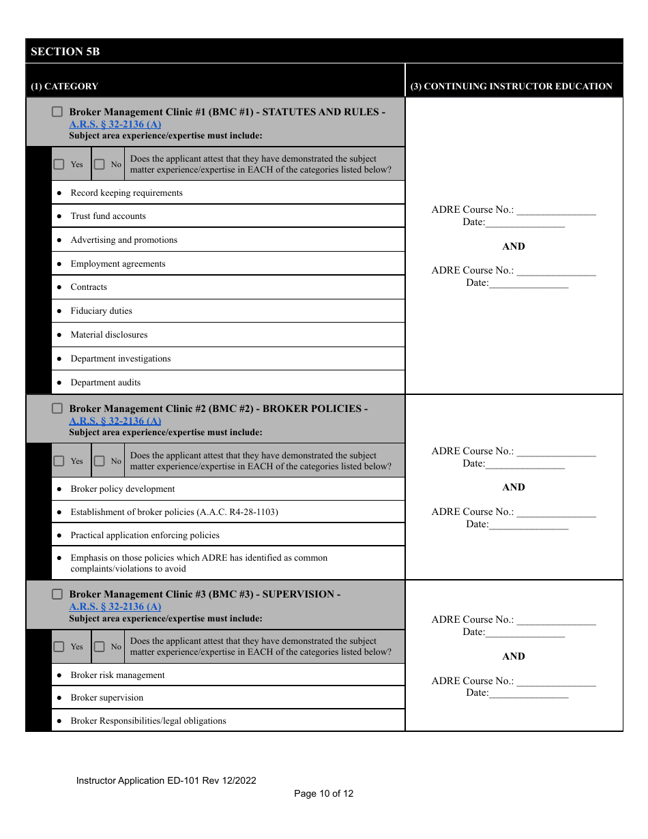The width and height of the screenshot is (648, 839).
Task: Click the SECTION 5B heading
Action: coord(65,51)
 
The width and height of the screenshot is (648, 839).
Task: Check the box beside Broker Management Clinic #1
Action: coord(58,112)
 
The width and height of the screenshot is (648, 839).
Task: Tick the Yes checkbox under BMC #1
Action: coord(59,164)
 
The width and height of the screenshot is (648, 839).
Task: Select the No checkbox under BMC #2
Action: coord(100,461)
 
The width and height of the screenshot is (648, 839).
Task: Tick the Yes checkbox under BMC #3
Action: coord(59,647)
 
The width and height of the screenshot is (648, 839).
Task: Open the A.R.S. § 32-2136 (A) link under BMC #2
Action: coord(115,421)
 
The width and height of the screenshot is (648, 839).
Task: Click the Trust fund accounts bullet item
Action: coord(108,216)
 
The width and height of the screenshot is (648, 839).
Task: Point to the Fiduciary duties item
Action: coord(101,311)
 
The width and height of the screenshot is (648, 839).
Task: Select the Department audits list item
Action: coord(105,383)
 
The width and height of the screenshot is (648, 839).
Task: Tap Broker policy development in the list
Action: coord(122,489)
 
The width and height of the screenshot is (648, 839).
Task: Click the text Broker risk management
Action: coord(117,675)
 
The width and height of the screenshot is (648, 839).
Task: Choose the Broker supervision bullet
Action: coord(106,698)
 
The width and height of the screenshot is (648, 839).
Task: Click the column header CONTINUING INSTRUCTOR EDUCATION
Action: coord(511,87)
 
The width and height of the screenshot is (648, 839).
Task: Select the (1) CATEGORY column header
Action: coord(65,87)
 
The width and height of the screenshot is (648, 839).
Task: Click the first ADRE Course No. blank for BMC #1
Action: coord(556,211)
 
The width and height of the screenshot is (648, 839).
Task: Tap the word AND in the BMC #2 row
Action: coord(514,487)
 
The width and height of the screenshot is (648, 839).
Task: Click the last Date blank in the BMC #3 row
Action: coord(529,694)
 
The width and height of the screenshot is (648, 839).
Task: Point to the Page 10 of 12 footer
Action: coord(323,793)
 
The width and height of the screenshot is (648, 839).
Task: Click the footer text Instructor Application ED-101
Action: coord(166,780)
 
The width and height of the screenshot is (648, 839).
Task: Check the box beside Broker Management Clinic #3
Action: coord(58,594)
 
